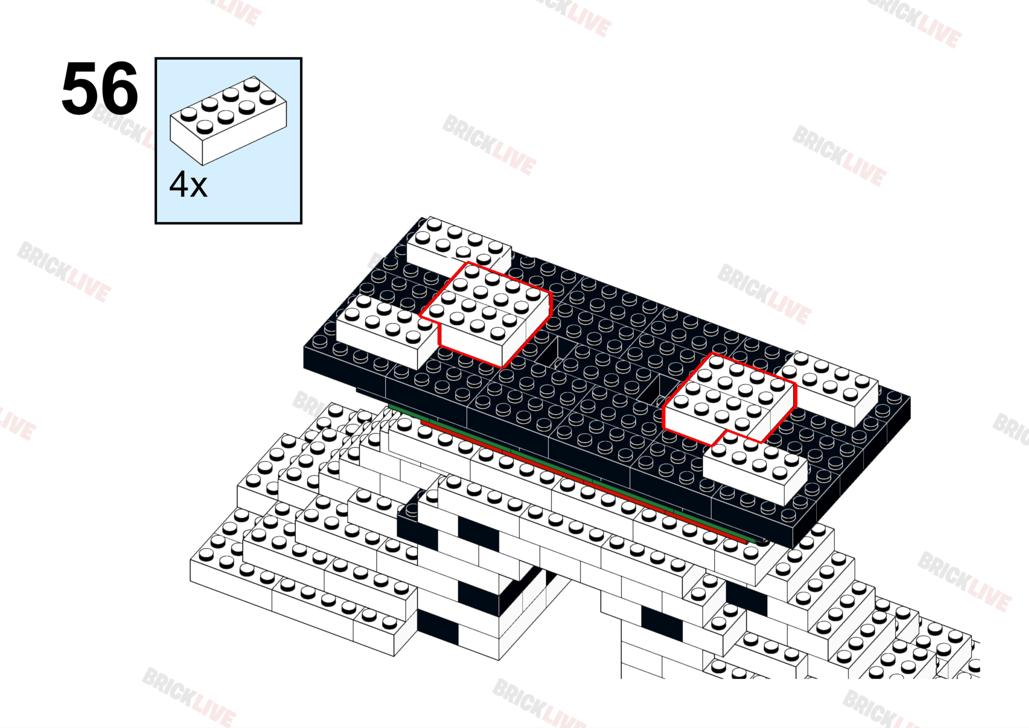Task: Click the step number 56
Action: click(x=100, y=89)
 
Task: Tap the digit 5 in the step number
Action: click(x=81, y=89)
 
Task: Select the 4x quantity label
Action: click(x=188, y=185)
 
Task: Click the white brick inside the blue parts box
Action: click(x=228, y=121)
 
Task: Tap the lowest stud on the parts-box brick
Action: click(x=205, y=127)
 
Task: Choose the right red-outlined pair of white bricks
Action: click(x=729, y=399)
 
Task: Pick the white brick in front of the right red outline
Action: click(x=756, y=469)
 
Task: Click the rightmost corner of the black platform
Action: click(x=909, y=399)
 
